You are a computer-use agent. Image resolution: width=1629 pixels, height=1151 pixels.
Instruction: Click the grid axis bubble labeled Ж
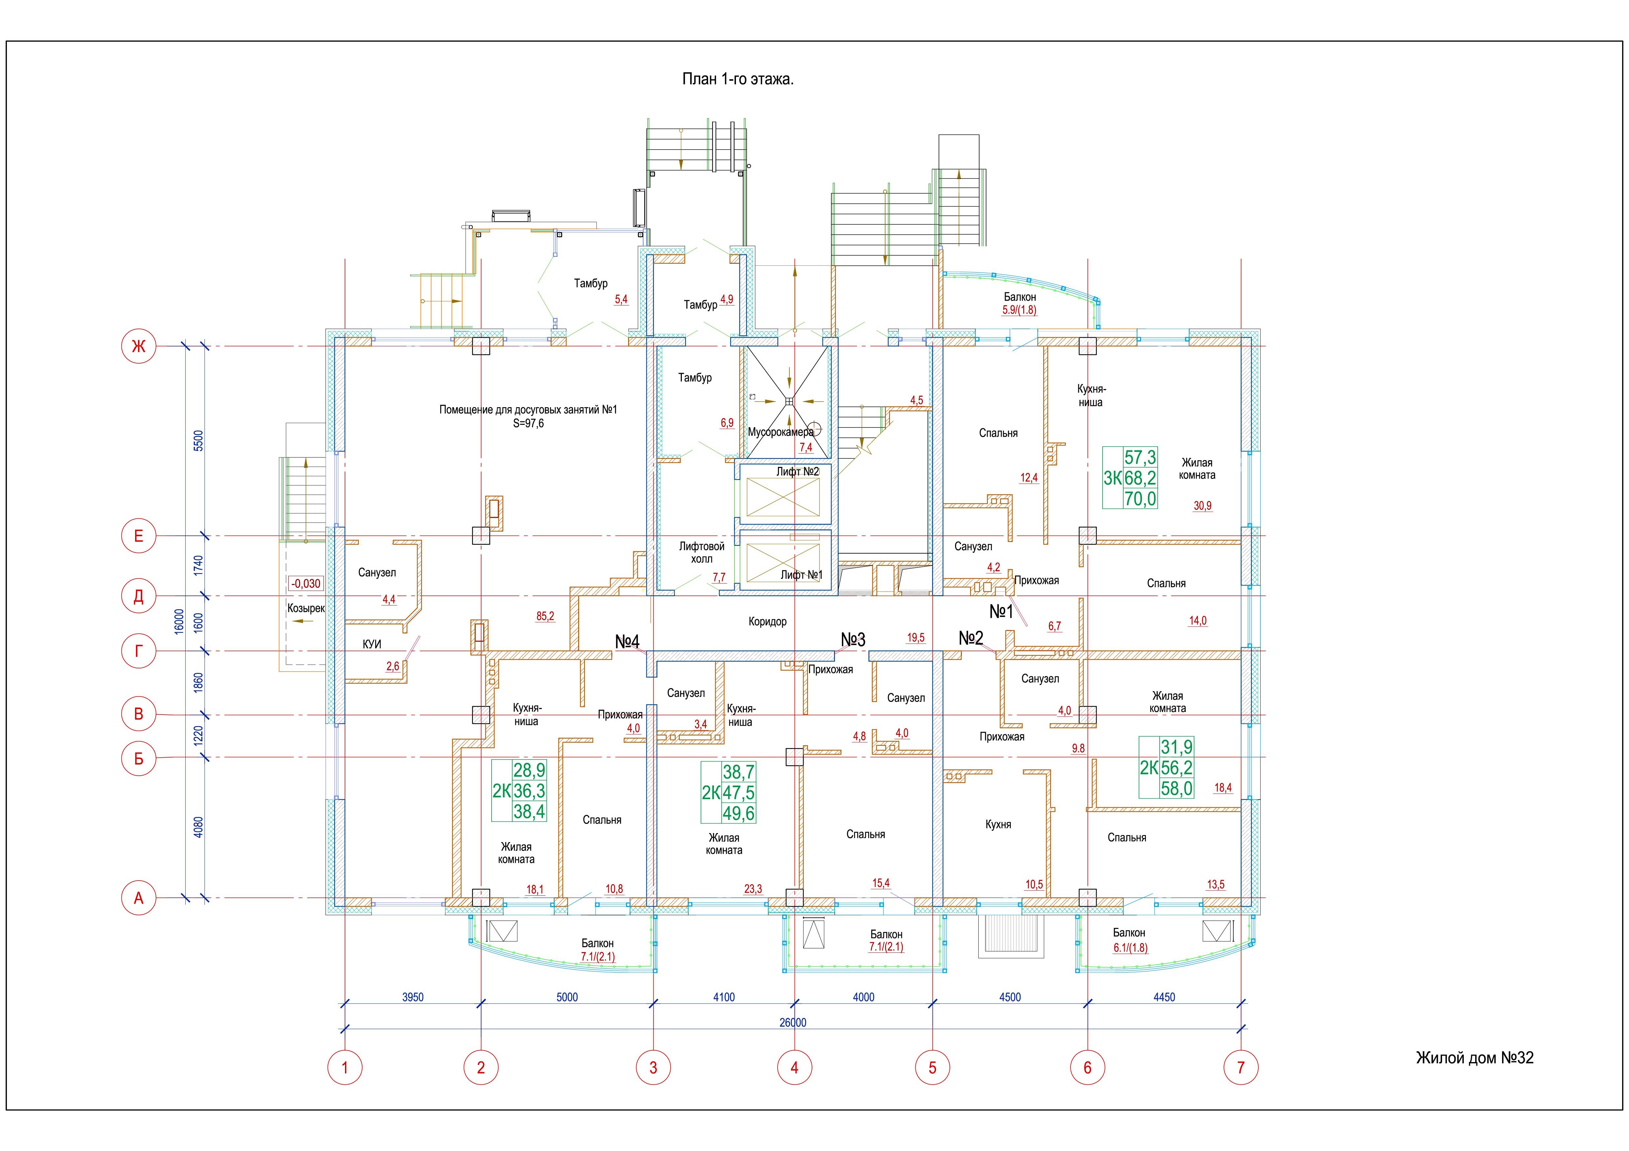[x=138, y=346]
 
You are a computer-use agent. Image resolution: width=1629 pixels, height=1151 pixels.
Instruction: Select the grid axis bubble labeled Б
[x=138, y=759]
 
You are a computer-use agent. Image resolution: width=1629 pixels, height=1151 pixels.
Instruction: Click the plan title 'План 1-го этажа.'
[x=738, y=79]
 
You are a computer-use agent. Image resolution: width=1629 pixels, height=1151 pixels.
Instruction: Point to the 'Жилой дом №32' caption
[x=1474, y=1058]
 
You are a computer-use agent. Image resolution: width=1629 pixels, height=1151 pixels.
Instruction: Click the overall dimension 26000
[x=792, y=1023]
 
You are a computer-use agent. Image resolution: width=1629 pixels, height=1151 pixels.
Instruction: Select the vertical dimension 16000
[x=179, y=622]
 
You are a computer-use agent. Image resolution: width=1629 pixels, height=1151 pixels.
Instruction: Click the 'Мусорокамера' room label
[x=781, y=432]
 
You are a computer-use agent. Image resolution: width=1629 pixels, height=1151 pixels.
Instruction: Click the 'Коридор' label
[x=768, y=622]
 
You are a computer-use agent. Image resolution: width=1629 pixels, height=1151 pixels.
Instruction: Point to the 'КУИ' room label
[x=372, y=644]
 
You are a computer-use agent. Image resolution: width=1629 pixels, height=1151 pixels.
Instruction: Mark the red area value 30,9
[x=1203, y=506]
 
